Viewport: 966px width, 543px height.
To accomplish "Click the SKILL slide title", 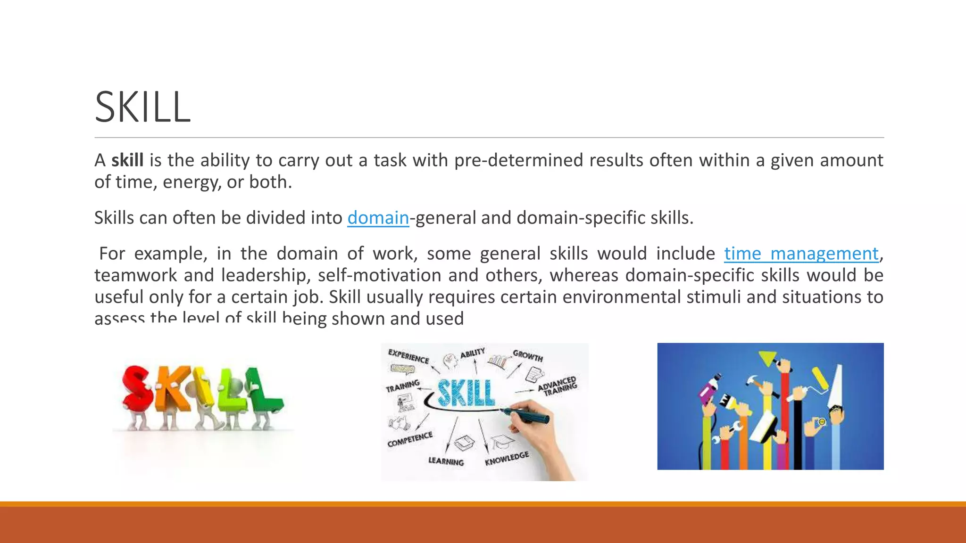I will pyautogui.click(x=142, y=107).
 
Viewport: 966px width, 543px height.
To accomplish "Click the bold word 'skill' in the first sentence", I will pyautogui.click(x=127, y=160).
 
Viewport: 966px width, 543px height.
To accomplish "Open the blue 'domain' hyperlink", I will pyautogui.click(x=378, y=218).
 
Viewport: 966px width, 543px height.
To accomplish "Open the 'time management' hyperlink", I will pyautogui.click(x=801, y=254).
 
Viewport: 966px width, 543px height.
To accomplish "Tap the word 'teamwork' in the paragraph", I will pyautogui.click(x=134, y=275).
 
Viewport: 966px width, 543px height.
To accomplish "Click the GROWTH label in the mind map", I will pyautogui.click(x=528, y=355).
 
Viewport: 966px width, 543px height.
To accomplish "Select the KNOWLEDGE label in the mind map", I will pyautogui.click(x=507, y=458).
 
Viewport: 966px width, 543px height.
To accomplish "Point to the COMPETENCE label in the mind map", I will pyautogui.click(x=409, y=439).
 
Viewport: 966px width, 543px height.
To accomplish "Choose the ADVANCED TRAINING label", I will pyautogui.click(x=558, y=386).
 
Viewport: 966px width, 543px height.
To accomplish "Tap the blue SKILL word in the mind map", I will pyautogui.click(x=466, y=393).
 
